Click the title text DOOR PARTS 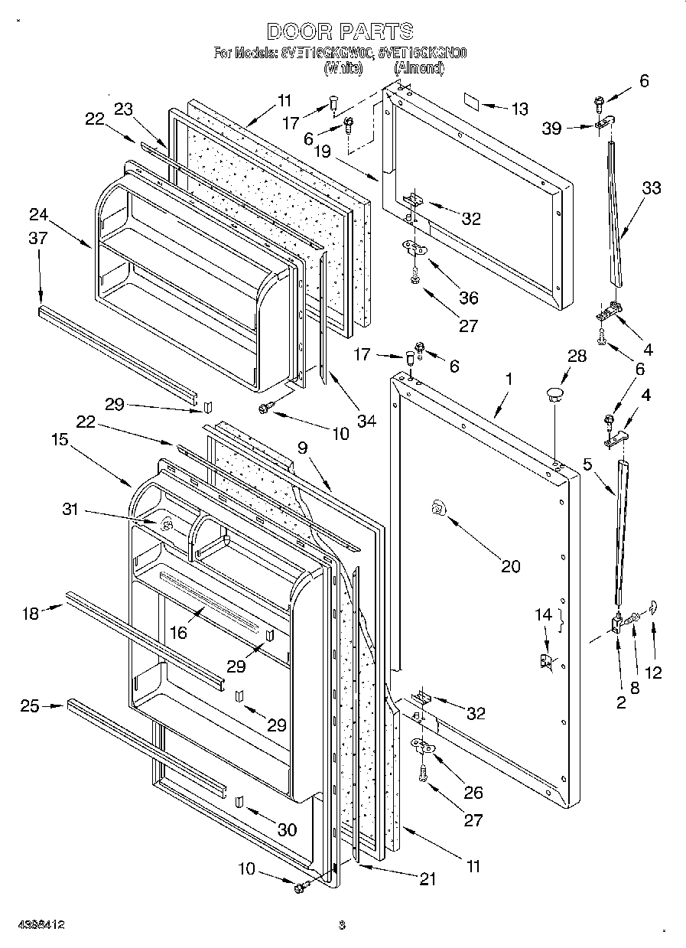(341, 31)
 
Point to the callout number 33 (652, 187)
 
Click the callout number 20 (510, 566)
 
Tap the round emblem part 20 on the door (438, 507)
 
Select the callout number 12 (652, 673)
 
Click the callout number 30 (288, 829)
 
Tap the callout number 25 (29, 705)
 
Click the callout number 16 (177, 631)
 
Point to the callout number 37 (37, 238)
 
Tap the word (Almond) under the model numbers (418, 68)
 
